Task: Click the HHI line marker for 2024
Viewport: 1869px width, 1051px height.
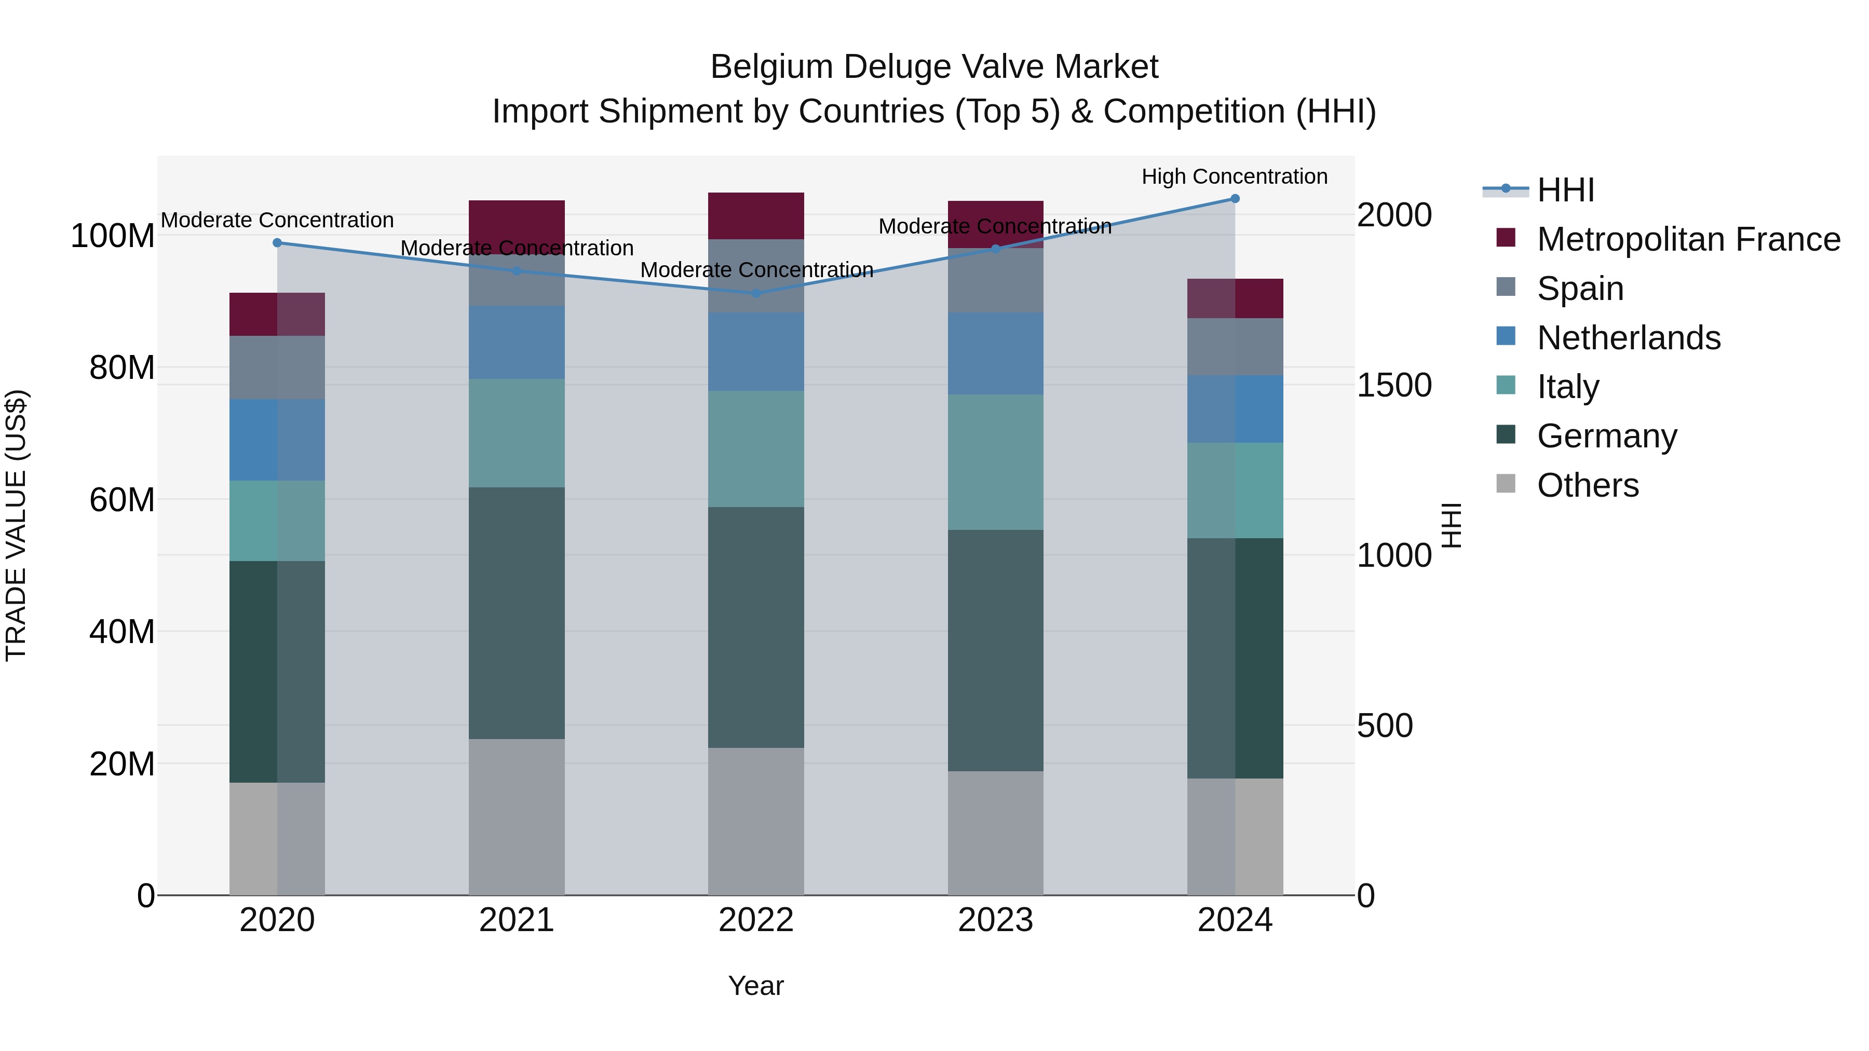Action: point(1235,199)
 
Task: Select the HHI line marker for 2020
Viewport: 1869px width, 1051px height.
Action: point(277,243)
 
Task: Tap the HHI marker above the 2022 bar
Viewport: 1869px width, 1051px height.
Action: point(756,293)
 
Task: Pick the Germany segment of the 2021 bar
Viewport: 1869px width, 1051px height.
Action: point(517,613)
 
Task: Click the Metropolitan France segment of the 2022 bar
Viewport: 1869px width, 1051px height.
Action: point(756,215)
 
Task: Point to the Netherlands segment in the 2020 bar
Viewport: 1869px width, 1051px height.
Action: point(277,440)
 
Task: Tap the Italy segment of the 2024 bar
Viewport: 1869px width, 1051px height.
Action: point(1235,490)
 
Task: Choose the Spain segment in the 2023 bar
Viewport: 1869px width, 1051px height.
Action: point(995,281)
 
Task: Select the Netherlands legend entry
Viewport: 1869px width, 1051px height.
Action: point(1629,338)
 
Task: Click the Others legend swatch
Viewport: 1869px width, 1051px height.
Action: point(1506,484)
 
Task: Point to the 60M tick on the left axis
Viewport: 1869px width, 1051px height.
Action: point(122,500)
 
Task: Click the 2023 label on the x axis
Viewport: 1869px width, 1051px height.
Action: point(995,920)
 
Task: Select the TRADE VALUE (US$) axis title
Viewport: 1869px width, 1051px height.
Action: point(16,525)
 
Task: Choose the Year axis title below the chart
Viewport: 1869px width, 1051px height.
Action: point(755,986)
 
